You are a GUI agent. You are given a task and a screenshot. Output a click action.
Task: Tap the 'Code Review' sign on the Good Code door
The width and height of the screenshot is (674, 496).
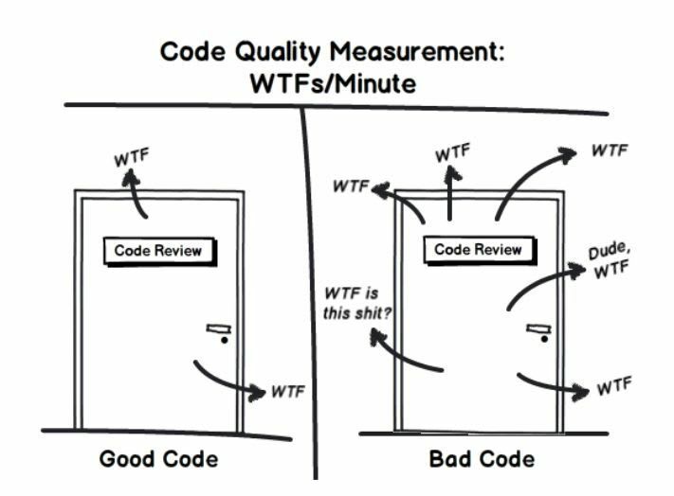click(159, 251)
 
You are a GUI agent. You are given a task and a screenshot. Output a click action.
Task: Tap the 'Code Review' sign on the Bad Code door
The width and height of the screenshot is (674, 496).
click(479, 250)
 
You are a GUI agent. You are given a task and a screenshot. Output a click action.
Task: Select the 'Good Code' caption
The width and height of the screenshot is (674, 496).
click(158, 460)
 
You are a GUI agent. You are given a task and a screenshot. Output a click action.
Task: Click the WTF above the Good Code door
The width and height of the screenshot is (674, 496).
click(132, 157)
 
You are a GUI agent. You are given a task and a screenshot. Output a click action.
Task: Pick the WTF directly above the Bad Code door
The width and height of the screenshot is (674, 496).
click(452, 151)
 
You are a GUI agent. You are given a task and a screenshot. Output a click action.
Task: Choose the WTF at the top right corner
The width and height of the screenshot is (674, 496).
click(610, 151)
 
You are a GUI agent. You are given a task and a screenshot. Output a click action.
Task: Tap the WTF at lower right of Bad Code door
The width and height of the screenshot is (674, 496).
click(614, 388)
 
